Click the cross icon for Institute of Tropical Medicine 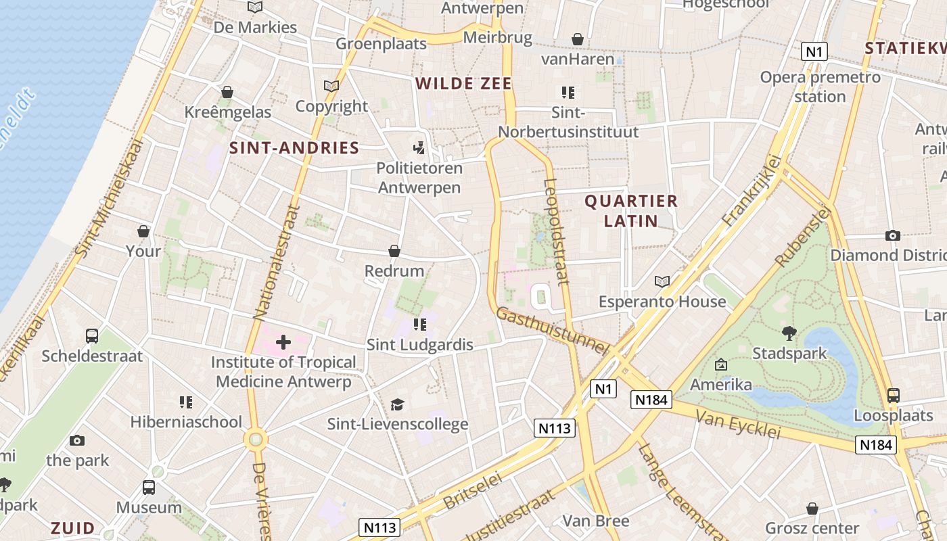[283, 342]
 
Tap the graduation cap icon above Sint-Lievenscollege [397, 404]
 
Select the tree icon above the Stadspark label [789, 333]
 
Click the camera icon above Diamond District [893, 235]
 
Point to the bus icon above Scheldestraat [92, 336]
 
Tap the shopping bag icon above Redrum [394, 252]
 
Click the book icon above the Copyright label [331, 87]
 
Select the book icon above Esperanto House [662, 281]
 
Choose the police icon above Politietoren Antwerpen [419, 147]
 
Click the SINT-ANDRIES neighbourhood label [294, 148]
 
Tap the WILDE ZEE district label [463, 84]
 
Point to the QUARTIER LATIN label [630, 210]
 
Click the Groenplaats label [382, 44]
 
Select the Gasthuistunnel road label [552, 331]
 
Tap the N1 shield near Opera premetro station [814, 51]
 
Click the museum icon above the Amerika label [721, 365]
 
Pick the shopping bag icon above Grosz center [812, 509]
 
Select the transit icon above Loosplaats [893, 396]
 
